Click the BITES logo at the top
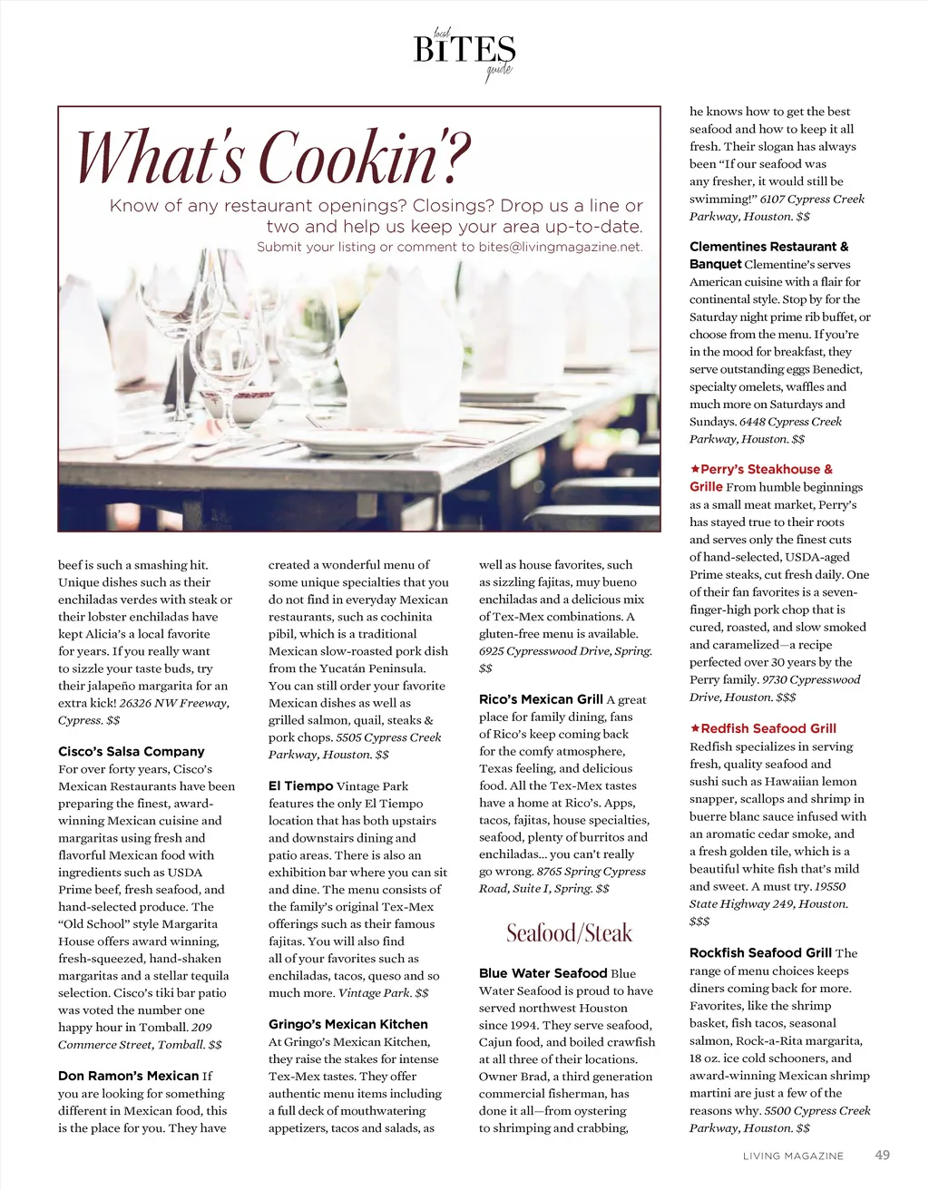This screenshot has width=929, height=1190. (464, 50)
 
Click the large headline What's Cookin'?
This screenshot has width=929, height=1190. (272, 157)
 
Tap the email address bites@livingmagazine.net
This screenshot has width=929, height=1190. (560, 247)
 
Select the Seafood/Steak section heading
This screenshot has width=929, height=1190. (569, 933)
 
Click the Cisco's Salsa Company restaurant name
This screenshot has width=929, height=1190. (132, 752)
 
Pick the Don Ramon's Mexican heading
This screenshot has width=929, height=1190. (128, 1076)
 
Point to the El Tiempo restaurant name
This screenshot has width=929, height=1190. (300, 786)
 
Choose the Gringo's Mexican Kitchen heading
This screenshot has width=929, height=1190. (347, 1024)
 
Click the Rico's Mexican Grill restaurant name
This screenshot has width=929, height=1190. (541, 699)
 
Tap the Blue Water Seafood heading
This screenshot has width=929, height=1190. (543, 973)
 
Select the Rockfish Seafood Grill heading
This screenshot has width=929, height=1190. (760, 953)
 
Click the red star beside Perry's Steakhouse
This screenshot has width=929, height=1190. (695, 469)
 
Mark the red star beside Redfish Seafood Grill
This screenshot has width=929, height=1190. (695, 728)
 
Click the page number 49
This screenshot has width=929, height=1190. (882, 1156)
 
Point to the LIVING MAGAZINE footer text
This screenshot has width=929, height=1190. (793, 1156)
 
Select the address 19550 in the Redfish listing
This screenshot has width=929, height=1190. (829, 886)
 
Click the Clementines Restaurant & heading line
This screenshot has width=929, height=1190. (768, 247)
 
